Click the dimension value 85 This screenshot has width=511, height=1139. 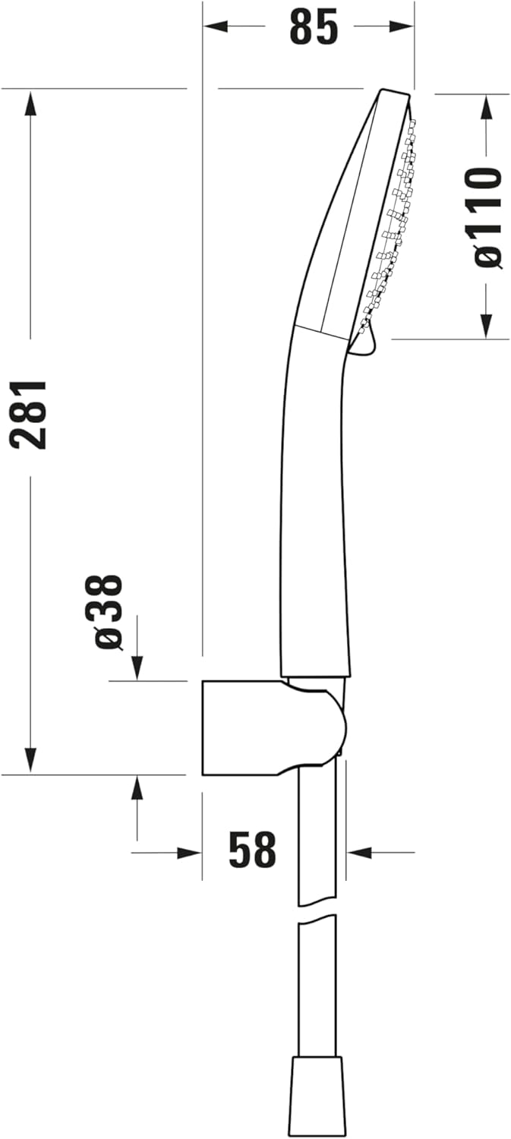click(x=313, y=28)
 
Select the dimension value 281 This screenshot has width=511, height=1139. click(x=30, y=415)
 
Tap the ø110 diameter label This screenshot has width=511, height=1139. click(x=487, y=216)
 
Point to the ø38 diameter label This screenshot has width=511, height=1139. click(x=109, y=612)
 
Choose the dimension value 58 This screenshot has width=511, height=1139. click(x=252, y=850)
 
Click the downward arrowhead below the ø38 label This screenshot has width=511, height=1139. click(x=137, y=668)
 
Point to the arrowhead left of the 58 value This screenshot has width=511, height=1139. click(x=189, y=853)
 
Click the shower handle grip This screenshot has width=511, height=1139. click(x=314, y=516)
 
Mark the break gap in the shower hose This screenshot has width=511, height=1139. click(x=317, y=911)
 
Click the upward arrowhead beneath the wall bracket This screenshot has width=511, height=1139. click(x=137, y=788)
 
